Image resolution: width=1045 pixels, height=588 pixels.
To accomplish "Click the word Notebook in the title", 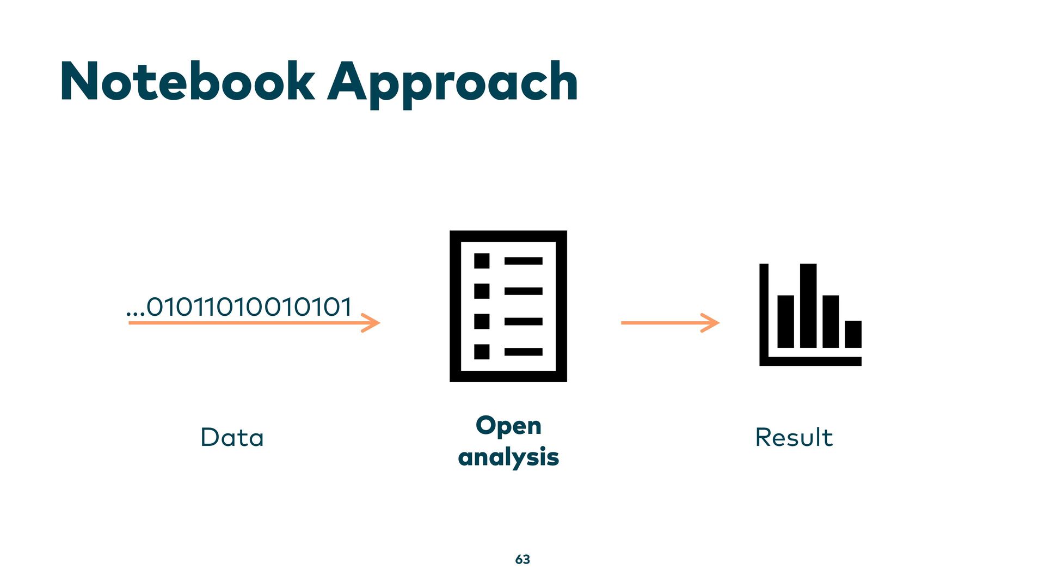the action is click(187, 82).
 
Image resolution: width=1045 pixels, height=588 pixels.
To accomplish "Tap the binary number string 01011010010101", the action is click(249, 307).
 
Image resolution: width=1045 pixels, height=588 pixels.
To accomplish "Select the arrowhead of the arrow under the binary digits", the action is click(372, 323).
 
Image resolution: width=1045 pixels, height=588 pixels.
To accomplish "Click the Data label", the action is click(232, 437).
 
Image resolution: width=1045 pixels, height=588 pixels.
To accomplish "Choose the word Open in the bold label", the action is click(508, 426).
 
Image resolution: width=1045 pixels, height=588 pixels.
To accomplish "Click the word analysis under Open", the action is click(508, 457).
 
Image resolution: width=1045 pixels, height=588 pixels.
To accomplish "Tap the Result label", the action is click(794, 437).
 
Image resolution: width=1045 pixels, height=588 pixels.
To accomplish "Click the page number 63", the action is click(522, 559).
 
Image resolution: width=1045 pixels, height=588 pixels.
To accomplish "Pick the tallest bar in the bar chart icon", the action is click(808, 305).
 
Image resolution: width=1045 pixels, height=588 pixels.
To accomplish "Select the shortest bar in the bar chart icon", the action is click(853, 334).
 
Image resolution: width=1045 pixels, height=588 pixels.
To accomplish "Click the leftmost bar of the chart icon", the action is click(785, 321).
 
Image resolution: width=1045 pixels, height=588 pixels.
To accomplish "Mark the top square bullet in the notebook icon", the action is click(482, 261).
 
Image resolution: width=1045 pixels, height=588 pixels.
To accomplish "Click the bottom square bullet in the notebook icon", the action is click(482, 352).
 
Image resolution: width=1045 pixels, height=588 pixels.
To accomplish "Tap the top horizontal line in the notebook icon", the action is click(523, 261).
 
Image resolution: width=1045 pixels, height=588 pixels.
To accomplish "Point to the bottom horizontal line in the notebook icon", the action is click(523, 352).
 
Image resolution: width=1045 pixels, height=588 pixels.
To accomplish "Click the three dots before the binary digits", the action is click(135, 314).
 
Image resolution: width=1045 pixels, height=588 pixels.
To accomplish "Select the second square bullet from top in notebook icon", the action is click(482, 291).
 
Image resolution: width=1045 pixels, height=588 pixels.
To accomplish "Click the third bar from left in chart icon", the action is click(831, 321).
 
